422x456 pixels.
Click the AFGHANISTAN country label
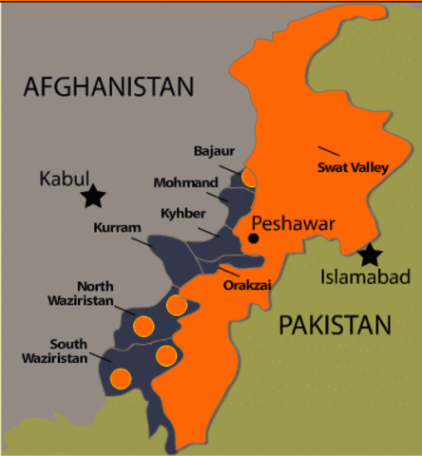tap(107, 86)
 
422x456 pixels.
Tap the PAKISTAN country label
tap(335, 326)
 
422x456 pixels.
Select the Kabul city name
tap(64, 178)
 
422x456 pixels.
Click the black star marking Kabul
tap(92, 197)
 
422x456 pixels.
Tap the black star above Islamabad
tap(370, 255)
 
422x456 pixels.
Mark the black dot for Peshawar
tap(254, 237)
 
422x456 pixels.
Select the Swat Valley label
tap(351, 167)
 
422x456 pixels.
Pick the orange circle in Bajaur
tap(249, 177)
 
